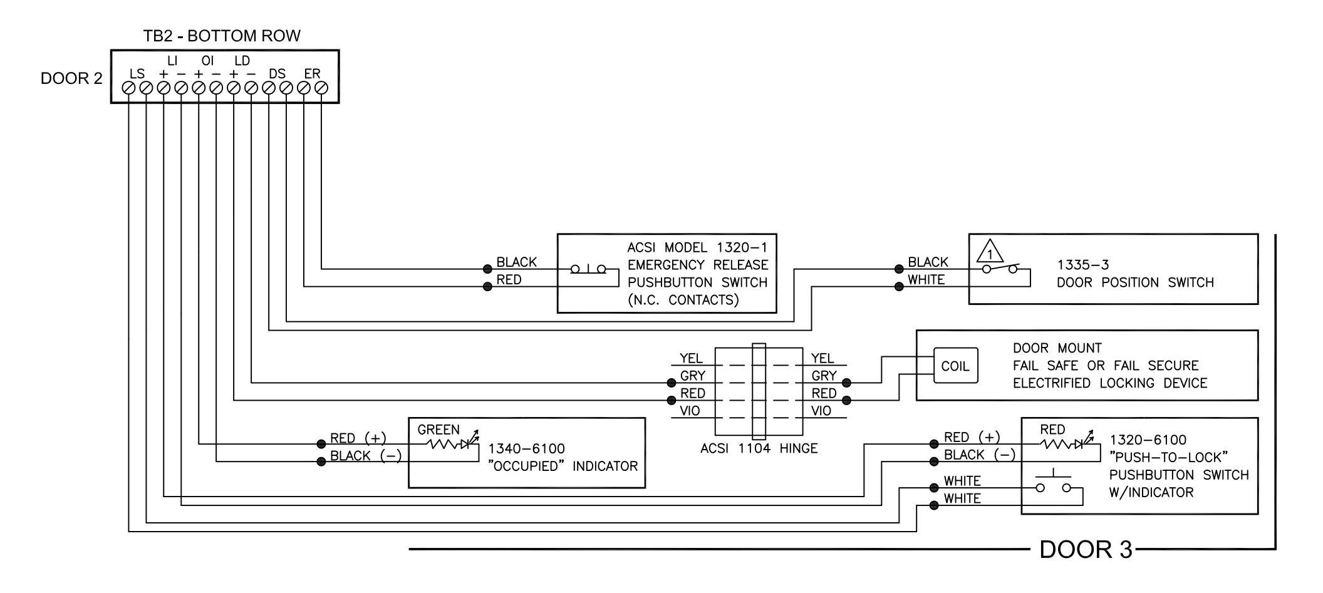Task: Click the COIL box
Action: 955,366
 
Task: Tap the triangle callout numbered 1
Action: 990,251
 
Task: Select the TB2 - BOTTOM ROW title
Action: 222,36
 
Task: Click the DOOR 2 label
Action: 71,79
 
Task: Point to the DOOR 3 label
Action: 1086,550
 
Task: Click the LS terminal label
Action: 137,74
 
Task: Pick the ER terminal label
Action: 312,74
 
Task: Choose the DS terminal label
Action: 277,74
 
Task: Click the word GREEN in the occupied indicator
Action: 438,430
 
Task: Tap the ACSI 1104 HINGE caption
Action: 759,448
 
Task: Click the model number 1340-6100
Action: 526,449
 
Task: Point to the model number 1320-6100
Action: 1148,440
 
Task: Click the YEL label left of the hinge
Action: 691,358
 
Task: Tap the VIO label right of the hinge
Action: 821,411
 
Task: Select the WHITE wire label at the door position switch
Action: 926,280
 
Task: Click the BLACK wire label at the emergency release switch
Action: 517,262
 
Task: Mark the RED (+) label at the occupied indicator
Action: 358,438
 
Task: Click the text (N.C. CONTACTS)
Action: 683,300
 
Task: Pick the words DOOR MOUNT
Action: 1057,348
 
